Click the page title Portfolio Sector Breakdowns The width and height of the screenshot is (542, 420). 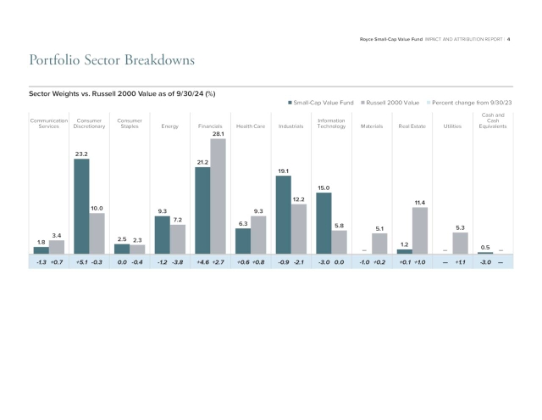coord(112,60)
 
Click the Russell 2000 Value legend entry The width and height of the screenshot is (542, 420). coord(390,102)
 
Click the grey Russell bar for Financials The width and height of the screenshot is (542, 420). coord(218,196)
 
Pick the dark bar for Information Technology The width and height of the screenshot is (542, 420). coord(324,223)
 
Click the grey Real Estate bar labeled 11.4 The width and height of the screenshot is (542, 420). coord(419,231)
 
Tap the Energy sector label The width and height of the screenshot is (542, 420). coord(169,126)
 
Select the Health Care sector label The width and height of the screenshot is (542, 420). coord(250,126)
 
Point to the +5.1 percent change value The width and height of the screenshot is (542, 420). coord(81,263)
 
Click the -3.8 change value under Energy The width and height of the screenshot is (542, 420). coord(178,263)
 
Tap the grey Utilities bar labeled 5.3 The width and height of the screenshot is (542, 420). coord(460,243)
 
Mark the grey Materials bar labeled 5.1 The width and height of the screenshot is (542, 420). coord(379,244)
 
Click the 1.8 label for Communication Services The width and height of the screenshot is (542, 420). coord(41,242)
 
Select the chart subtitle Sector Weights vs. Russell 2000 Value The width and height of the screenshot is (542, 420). coord(120,91)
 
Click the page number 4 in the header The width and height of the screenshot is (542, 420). coord(508,38)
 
